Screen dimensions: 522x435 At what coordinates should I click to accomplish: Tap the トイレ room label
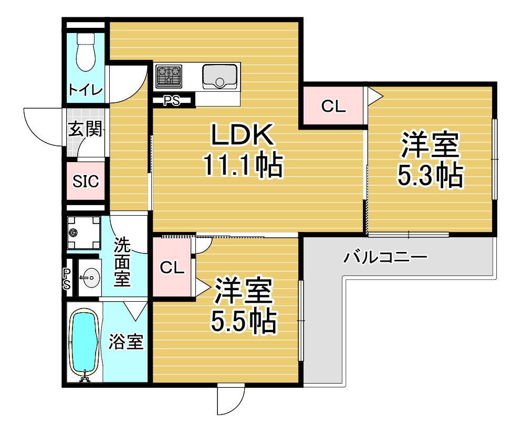pyautogui.click(x=86, y=89)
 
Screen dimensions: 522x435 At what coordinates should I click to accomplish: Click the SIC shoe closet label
pyautogui.click(x=86, y=181)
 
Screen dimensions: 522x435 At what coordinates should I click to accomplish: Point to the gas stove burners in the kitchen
pyautogui.click(x=169, y=76)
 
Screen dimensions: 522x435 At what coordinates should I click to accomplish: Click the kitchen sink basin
pyautogui.click(x=220, y=77)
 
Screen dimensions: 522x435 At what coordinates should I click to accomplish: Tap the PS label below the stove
pyautogui.click(x=171, y=100)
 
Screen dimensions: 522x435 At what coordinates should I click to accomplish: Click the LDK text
pyautogui.click(x=243, y=134)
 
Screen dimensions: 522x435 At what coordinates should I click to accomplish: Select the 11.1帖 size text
pyautogui.click(x=243, y=165)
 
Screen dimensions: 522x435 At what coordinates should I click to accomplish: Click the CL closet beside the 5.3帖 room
pyautogui.click(x=333, y=106)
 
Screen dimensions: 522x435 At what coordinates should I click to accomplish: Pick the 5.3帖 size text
pyautogui.click(x=430, y=175)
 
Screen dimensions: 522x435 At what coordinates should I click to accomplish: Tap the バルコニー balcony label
pyautogui.click(x=385, y=257)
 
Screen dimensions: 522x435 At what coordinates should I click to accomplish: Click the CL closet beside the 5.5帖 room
pyautogui.click(x=172, y=267)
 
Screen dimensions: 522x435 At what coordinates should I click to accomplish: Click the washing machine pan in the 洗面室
pyautogui.click(x=83, y=233)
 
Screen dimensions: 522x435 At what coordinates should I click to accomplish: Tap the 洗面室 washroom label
pyautogui.click(x=122, y=262)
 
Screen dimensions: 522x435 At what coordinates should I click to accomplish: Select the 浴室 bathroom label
pyautogui.click(x=126, y=341)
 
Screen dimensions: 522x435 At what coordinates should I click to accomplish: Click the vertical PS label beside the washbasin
pyautogui.click(x=67, y=279)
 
